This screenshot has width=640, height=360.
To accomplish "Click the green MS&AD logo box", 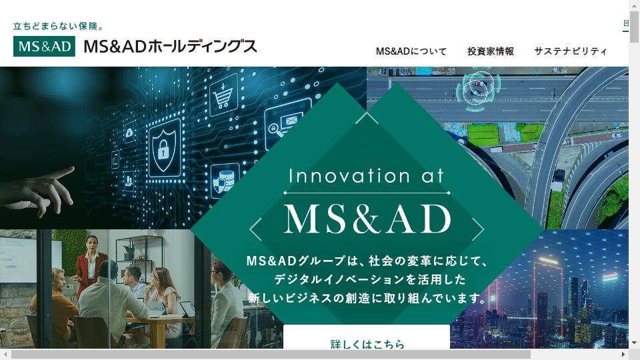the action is [x=44, y=46].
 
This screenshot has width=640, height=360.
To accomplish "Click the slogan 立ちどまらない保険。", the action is [x=59, y=27].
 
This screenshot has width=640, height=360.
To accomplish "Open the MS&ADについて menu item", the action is [x=411, y=51].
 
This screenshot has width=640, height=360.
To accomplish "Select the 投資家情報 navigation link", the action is [x=491, y=51].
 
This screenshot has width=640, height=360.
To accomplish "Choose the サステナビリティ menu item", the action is [x=571, y=51].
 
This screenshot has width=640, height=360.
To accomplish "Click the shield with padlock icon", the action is [x=164, y=149].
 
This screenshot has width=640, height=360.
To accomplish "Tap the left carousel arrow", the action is [x=255, y=229].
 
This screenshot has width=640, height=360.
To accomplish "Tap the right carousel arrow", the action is [x=478, y=229].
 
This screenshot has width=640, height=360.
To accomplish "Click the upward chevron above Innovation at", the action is [x=367, y=118].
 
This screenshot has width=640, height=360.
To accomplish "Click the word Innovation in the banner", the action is [x=349, y=176].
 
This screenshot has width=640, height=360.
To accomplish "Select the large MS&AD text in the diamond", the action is [x=367, y=219].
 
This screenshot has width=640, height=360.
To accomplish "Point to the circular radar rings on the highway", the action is [x=478, y=90].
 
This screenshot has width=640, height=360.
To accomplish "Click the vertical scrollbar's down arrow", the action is [x=634, y=343].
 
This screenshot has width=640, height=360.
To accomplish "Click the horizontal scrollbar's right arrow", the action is [x=623, y=354].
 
